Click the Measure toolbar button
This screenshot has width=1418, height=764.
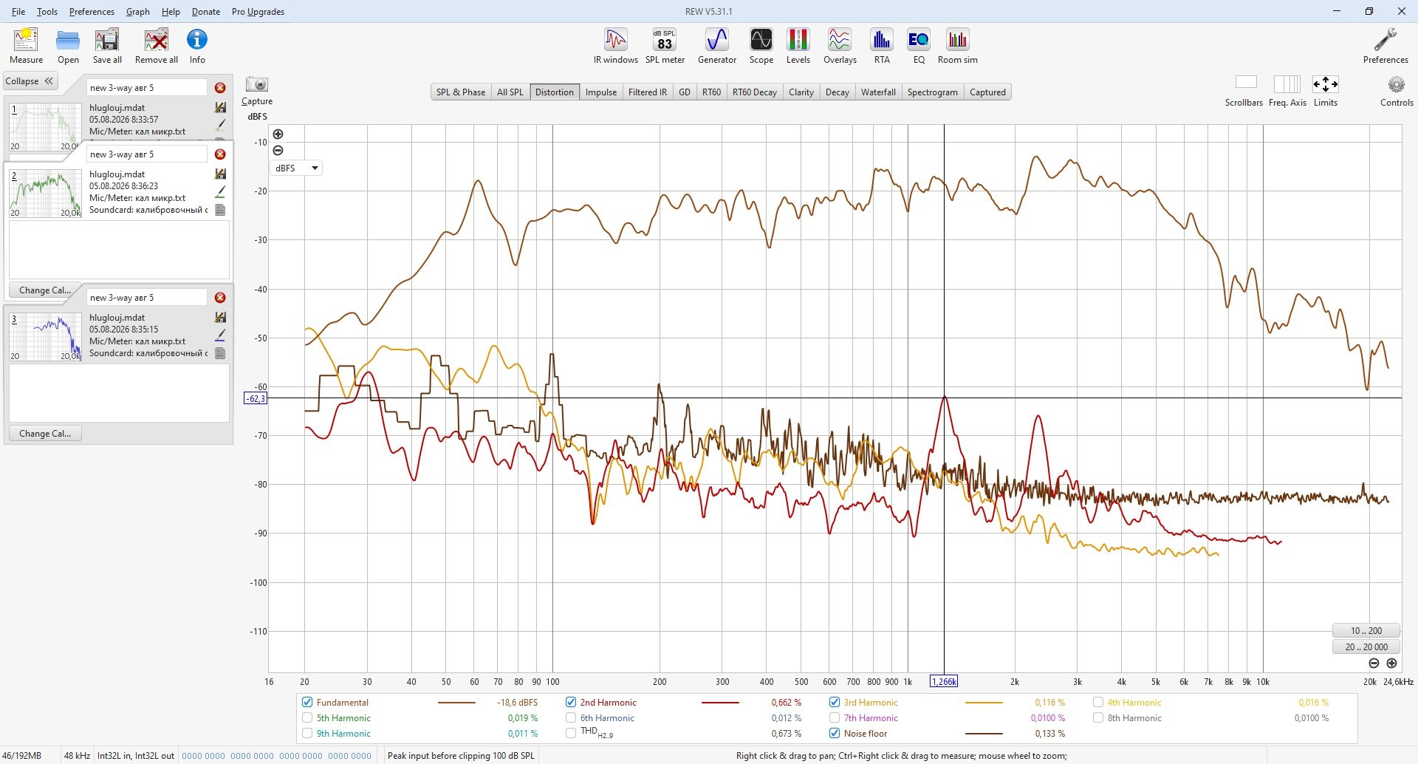point(26,46)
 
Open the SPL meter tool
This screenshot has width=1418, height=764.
point(665,46)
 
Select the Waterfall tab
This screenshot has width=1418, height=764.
point(878,92)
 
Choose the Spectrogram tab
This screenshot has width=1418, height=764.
point(932,92)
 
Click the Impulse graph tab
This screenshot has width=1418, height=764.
point(601,92)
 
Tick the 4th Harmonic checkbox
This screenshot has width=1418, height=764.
point(1098,703)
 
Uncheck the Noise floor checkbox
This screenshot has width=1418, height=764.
point(835,734)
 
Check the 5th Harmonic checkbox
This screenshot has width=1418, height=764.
point(307,718)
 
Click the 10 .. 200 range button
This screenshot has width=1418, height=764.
point(1366,631)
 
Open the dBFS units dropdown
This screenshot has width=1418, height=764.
point(296,168)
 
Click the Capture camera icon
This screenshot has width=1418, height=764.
point(257,84)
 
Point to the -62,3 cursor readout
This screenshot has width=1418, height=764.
point(256,399)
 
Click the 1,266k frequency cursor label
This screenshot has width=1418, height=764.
point(944,682)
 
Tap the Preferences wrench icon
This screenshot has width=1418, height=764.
point(1386,40)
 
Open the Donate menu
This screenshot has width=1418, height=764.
point(206,12)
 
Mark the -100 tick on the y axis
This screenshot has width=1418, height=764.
point(258,583)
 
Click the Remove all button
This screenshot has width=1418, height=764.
point(157,46)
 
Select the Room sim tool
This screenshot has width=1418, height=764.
point(958,46)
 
